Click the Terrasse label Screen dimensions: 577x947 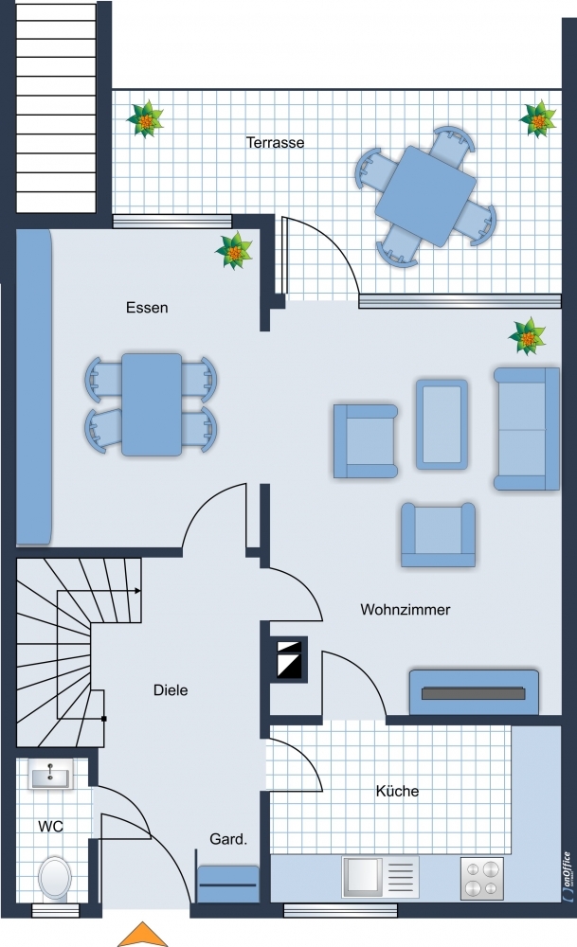tap(275, 143)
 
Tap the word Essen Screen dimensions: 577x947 tap(147, 308)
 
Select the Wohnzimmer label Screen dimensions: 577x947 tap(406, 609)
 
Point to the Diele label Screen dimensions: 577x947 tap(171, 689)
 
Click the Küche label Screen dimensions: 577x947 tap(397, 791)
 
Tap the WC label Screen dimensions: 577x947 tap(50, 826)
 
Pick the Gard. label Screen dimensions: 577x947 tap(228, 839)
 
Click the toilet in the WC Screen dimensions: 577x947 tap(54, 879)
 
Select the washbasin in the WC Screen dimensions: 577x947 tap(51, 775)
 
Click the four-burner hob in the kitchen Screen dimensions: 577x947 tap(482, 879)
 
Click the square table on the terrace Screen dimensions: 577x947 tap(425, 196)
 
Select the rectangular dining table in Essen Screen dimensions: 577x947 tap(152, 404)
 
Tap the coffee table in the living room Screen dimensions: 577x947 tap(442, 424)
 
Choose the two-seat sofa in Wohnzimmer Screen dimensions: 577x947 tap(527, 429)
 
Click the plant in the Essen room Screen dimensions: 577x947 tap(234, 251)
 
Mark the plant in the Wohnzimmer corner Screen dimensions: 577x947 tap(528, 336)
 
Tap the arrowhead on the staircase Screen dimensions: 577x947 tap(137, 591)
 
